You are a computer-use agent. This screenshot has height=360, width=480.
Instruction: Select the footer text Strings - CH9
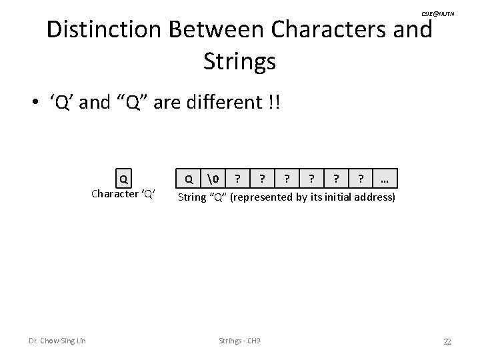coord(239,341)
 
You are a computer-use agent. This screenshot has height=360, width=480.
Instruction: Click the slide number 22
coord(447,341)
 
